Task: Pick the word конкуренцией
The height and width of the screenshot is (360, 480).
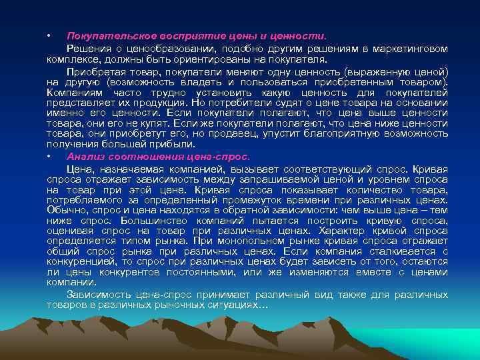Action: coord(83,261)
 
